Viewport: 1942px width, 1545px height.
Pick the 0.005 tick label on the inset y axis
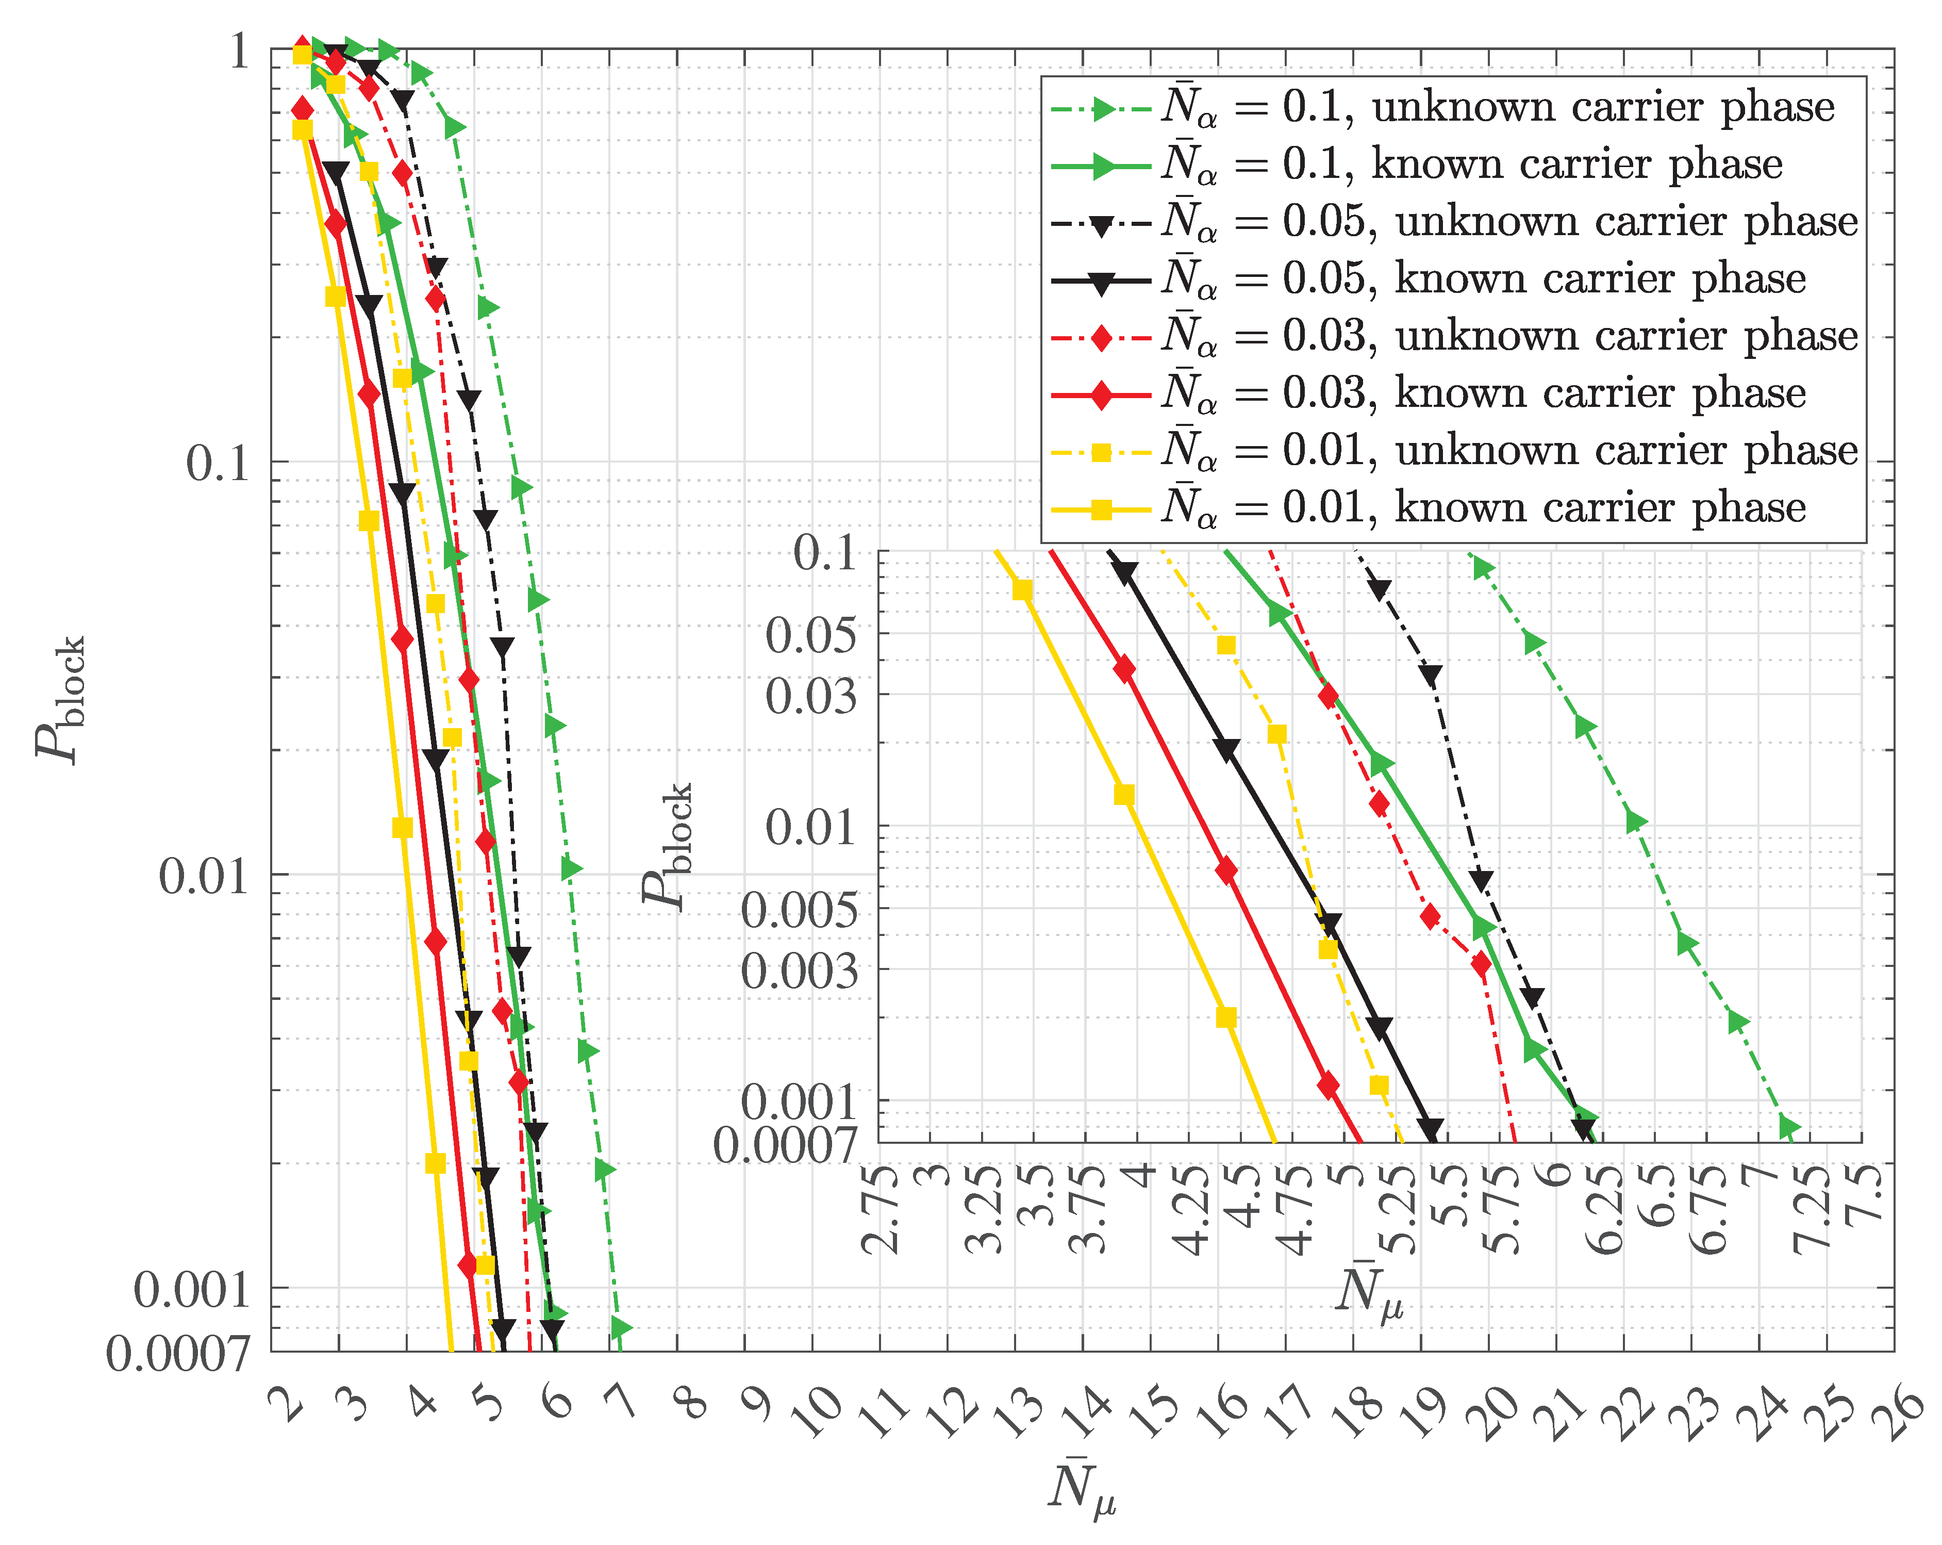pyautogui.click(x=799, y=910)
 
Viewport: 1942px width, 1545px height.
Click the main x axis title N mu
pyautogui.click(x=1082, y=1486)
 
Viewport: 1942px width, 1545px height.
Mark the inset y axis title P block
pyautogui.click(x=667, y=847)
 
